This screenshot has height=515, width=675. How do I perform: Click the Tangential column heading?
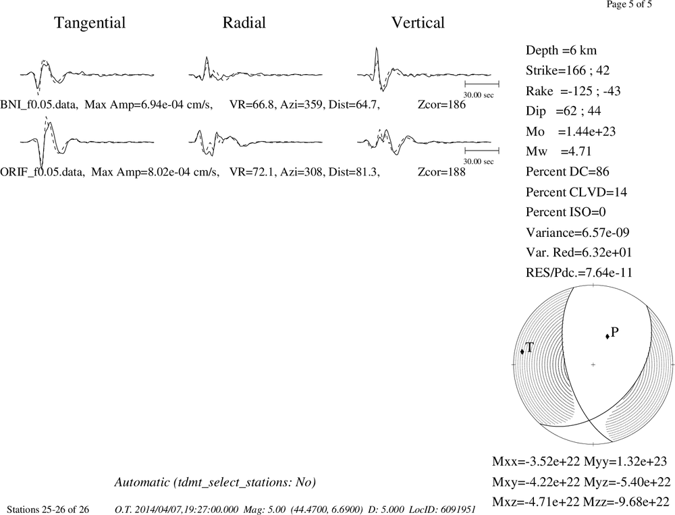coord(90,23)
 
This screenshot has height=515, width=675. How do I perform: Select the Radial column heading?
coord(244,22)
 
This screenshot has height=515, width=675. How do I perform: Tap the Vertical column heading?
coord(418,22)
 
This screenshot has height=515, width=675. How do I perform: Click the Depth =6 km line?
coord(561,51)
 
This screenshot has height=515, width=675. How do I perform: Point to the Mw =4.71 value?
coord(558,151)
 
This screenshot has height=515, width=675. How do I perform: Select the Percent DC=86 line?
coord(568,171)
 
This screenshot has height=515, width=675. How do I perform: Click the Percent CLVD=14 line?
coord(576,192)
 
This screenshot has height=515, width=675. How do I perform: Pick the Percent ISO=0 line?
coord(566,212)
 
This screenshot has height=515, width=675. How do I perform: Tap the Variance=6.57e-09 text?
coord(577,232)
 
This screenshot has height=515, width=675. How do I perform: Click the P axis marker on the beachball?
coord(607,336)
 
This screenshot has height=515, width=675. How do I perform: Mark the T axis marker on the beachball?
coord(522,352)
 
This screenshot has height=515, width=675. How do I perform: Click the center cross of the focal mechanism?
coord(593,364)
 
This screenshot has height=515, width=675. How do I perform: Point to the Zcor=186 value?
coord(441,105)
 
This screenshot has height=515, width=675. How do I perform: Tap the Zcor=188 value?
coord(441,172)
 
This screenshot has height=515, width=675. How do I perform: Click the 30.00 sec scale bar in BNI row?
coord(482,84)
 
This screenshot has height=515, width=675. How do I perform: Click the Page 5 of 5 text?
coord(629,4)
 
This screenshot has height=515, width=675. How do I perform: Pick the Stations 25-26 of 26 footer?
coord(48,510)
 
